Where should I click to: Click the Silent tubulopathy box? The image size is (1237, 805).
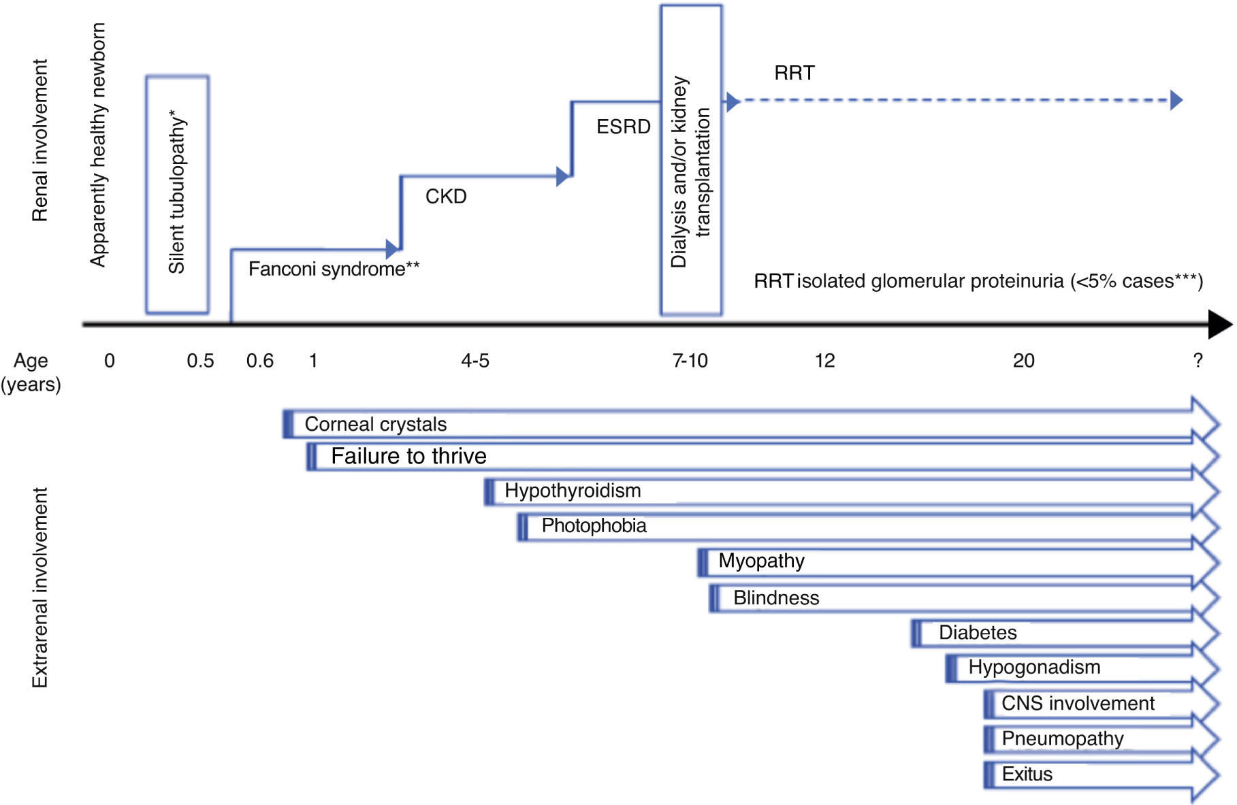177,195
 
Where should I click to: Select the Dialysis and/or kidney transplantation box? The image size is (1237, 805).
690,161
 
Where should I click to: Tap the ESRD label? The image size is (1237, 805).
623,127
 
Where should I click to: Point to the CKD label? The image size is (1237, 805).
446,197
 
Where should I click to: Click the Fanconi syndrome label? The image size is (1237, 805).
334,269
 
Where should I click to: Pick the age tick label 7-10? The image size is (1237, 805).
690,361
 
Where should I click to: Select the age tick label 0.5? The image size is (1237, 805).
200,361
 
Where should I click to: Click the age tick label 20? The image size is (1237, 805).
1023,361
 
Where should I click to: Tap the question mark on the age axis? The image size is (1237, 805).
1198,361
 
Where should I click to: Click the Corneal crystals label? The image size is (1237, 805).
375,424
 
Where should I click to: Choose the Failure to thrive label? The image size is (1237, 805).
408,456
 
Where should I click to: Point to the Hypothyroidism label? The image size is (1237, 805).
573,491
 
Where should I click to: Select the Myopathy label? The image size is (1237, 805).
761,561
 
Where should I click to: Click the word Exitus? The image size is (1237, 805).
1027,774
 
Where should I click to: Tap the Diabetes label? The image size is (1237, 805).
978,632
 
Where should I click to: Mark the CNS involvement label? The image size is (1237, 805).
1078,703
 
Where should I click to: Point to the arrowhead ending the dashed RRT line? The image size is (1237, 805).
1176,101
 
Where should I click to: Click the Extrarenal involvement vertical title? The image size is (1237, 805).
40,587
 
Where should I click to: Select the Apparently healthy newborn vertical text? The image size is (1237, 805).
98,145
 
